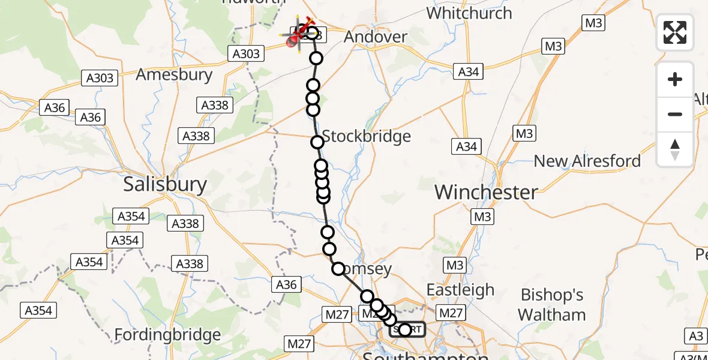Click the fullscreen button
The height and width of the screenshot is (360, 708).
click(x=675, y=32)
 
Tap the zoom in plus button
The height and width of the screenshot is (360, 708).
click(x=675, y=79)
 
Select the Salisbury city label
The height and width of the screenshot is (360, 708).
click(x=165, y=184)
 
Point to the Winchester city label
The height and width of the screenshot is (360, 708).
click(x=486, y=192)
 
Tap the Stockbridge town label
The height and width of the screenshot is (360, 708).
click(x=367, y=136)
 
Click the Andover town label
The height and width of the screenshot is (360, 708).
click(x=376, y=37)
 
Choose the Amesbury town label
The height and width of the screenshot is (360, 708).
click(x=174, y=75)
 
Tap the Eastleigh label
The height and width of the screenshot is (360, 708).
click(x=460, y=290)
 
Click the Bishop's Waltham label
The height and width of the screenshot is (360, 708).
click(x=553, y=305)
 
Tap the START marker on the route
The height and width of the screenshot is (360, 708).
click(x=407, y=330)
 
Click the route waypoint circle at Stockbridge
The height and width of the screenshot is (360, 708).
click(x=317, y=142)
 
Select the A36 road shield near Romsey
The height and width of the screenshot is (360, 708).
click(x=286, y=284)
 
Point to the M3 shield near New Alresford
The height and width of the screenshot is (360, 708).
click(x=524, y=133)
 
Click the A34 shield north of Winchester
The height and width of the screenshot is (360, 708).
click(x=466, y=146)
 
